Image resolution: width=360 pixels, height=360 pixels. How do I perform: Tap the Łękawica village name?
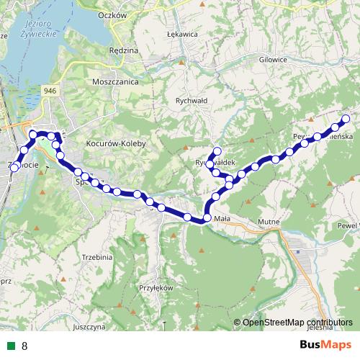pyautogui.click(x=183, y=34)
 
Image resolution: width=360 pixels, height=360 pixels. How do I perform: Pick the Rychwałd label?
pyautogui.click(x=192, y=101)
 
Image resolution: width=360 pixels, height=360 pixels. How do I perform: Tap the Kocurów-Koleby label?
pyautogui.click(x=116, y=144)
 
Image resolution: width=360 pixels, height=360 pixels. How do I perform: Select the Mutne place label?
pyautogui.click(x=269, y=222)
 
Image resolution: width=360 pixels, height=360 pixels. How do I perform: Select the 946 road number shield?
pyautogui.click(x=50, y=90)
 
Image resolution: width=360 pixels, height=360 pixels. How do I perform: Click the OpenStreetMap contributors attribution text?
pyautogui.click(x=297, y=323)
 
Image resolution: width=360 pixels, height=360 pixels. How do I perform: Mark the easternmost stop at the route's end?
pyautogui.click(x=346, y=119)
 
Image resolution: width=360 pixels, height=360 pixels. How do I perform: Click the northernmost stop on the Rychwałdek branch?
pyautogui.click(x=217, y=151)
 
